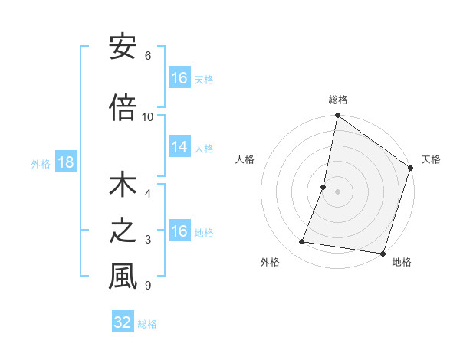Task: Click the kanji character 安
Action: [x=123, y=47]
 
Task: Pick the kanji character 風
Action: [x=123, y=277]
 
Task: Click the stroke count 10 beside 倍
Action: [x=148, y=116]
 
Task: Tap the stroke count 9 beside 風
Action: [x=147, y=286]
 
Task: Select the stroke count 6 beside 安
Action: [x=147, y=56]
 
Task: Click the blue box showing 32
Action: [x=123, y=322]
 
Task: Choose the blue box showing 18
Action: [x=65, y=162]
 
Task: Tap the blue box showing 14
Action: [x=179, y=147]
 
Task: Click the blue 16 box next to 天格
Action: [x=179, y=77]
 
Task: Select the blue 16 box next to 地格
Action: [x=179, y=231]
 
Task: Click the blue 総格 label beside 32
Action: [x=147, y=323]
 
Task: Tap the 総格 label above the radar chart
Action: [x=337, y=100]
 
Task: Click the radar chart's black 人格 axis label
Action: [x=245, y=159]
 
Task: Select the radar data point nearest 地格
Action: [x=383, y=254]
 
